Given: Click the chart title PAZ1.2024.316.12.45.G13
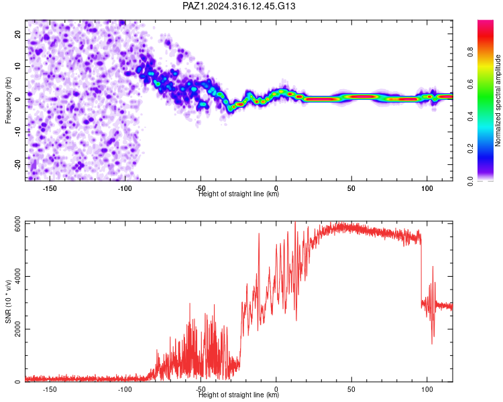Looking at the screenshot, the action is point(239,6).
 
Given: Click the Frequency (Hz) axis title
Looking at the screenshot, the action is point(8,100).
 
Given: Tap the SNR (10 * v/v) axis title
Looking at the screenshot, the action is point(8,301).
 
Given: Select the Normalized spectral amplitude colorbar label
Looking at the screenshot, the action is point(498,100).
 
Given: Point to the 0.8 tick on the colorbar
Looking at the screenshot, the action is point(470,52).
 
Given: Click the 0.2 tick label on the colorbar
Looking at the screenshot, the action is point(470,149).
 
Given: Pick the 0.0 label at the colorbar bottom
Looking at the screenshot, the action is point(470,181).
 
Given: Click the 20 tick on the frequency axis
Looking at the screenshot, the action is point(17,33).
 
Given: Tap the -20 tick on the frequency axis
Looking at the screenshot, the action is point(17,164).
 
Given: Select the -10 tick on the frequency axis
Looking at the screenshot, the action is point(17,132).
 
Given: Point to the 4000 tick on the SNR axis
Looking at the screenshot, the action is point(17,276).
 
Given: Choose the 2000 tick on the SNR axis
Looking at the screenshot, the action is point(17,329).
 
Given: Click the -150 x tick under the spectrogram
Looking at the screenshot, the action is point(49,188).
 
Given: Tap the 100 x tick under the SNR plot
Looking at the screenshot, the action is point(427,389).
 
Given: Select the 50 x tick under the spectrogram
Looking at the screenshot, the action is point(351,188).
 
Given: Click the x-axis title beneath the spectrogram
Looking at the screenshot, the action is point(239,194).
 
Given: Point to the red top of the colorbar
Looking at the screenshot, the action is point(486,23).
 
